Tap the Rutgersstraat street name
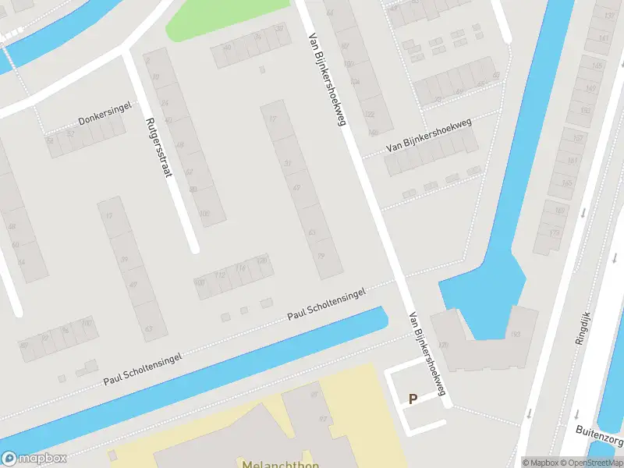pyautogui.click(x=158, y=148)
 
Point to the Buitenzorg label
pyautogui.click(x=599, y=430)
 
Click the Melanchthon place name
pyautogui.click(x=280, y=463)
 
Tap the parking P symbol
pyautogui.click(x=413, y=399)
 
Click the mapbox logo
pyautogui.click(x=34, y=459)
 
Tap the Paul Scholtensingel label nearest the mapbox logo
pyautogui.click(x=143, y=369)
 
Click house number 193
pyautogui.click(x=516, y=335)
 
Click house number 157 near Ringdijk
pyautogui.click(x=578, y=138)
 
